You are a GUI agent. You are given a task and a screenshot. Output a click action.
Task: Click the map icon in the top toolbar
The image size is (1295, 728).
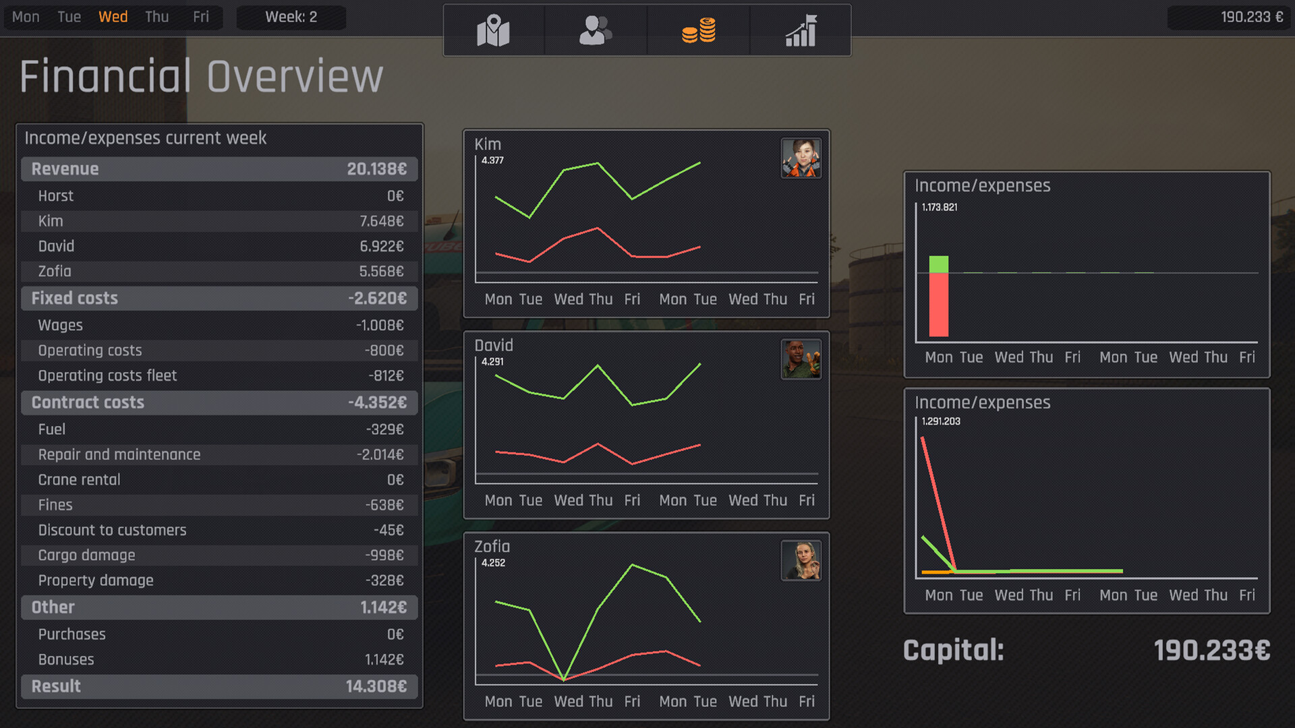pos(493,30)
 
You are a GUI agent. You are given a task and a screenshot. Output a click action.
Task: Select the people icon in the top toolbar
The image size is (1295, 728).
pos(595,30)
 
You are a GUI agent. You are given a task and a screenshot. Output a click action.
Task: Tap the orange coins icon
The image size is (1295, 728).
pos(699,30)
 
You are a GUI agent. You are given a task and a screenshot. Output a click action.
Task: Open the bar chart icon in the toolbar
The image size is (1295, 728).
pos(801,30)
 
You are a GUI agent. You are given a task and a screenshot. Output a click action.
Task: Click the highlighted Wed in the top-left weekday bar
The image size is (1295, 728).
pos(113,17)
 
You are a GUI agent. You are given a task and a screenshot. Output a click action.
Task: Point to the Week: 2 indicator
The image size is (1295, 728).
pos(291,17)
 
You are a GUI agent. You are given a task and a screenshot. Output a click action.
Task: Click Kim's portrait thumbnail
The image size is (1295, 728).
pos(801,158)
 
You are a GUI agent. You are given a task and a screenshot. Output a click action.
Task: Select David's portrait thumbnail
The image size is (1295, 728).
pos(801,359)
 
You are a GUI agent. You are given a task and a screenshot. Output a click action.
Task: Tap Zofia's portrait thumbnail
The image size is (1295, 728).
pos(801,560)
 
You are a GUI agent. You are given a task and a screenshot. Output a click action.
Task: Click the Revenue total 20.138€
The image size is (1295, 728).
pos(376,169)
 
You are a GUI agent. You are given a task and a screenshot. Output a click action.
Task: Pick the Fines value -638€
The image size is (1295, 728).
pos(384,505)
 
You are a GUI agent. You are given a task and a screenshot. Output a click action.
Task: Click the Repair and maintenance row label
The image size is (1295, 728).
pos(119,454)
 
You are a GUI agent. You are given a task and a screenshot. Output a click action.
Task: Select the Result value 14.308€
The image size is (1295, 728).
pos(376,686)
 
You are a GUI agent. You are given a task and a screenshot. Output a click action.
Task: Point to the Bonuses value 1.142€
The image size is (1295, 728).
pos(384,659)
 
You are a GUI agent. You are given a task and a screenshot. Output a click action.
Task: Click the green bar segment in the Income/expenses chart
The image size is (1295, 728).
pos(938,264)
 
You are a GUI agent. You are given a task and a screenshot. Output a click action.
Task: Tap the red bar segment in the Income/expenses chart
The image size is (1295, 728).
pos(938,305)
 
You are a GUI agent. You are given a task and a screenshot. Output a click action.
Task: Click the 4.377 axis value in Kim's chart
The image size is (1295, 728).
pos(492,160)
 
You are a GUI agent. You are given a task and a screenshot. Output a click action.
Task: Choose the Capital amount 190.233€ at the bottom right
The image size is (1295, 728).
pos(1211,650)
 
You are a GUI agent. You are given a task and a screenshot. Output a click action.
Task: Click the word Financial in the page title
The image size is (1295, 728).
pos(106,76)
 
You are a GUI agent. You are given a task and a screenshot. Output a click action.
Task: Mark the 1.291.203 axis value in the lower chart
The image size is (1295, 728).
pos(941,421)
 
